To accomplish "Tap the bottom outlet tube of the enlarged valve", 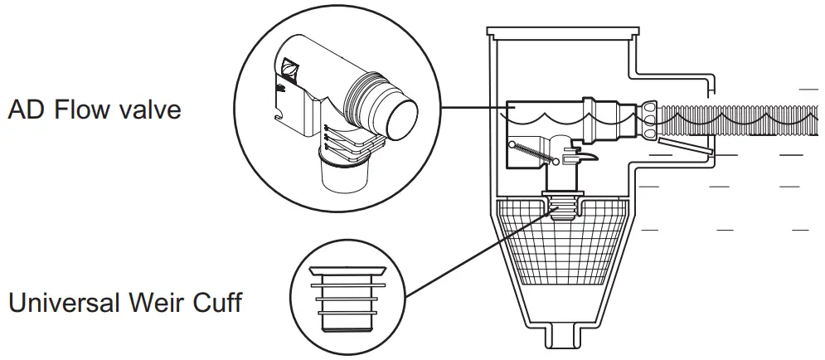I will pyautogui.click(x=343, y=176).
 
